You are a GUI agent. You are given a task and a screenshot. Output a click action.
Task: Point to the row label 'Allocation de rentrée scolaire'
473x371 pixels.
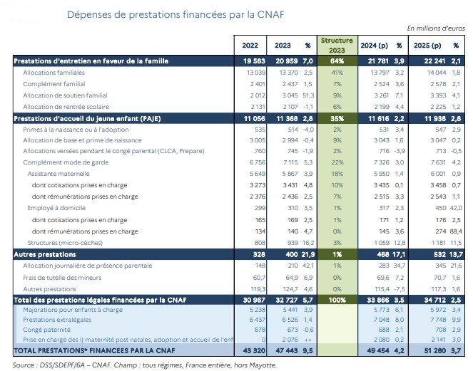[x=66, y=105]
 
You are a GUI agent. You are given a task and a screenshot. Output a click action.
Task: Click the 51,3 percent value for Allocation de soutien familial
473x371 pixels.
[x=307, y=95]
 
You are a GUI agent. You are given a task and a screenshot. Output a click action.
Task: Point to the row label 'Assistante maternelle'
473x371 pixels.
[x=62, y=173]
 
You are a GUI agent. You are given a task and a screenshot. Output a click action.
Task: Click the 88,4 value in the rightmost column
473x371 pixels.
[x=453, y=231]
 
